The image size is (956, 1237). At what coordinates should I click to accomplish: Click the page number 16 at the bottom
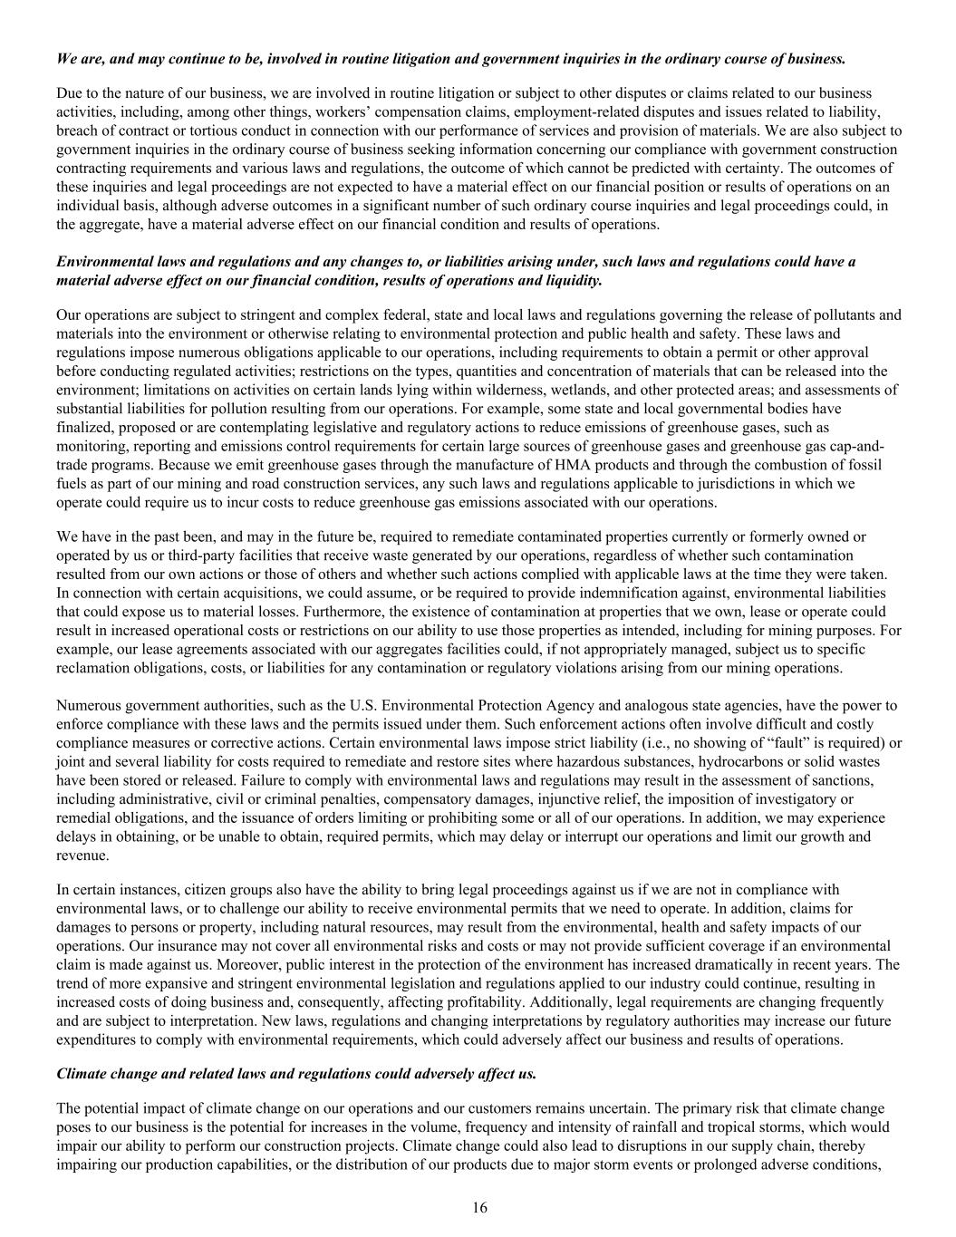(x=479, y=1207)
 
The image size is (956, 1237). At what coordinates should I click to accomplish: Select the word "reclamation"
(x=93, y=668)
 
